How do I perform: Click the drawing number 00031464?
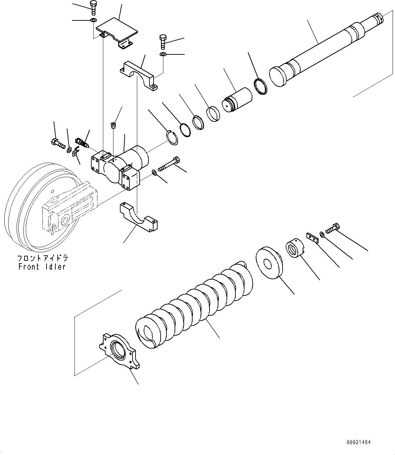tap(359, 442)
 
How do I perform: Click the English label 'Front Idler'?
tap(42, 267)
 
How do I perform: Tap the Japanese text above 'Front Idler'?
tap(42, 259)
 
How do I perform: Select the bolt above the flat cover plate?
tap(93, 7)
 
